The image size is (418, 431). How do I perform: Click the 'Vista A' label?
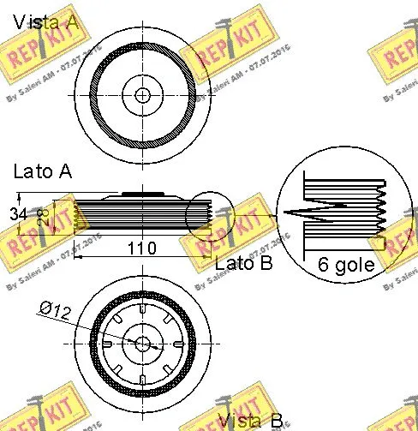point(44,21)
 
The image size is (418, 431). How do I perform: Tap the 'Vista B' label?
point(249,420)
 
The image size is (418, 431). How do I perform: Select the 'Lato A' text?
point(42,171)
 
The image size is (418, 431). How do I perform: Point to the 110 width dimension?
point(140,248)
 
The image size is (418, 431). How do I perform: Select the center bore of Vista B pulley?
point(142,342)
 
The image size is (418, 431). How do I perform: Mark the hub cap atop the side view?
point(141,195)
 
